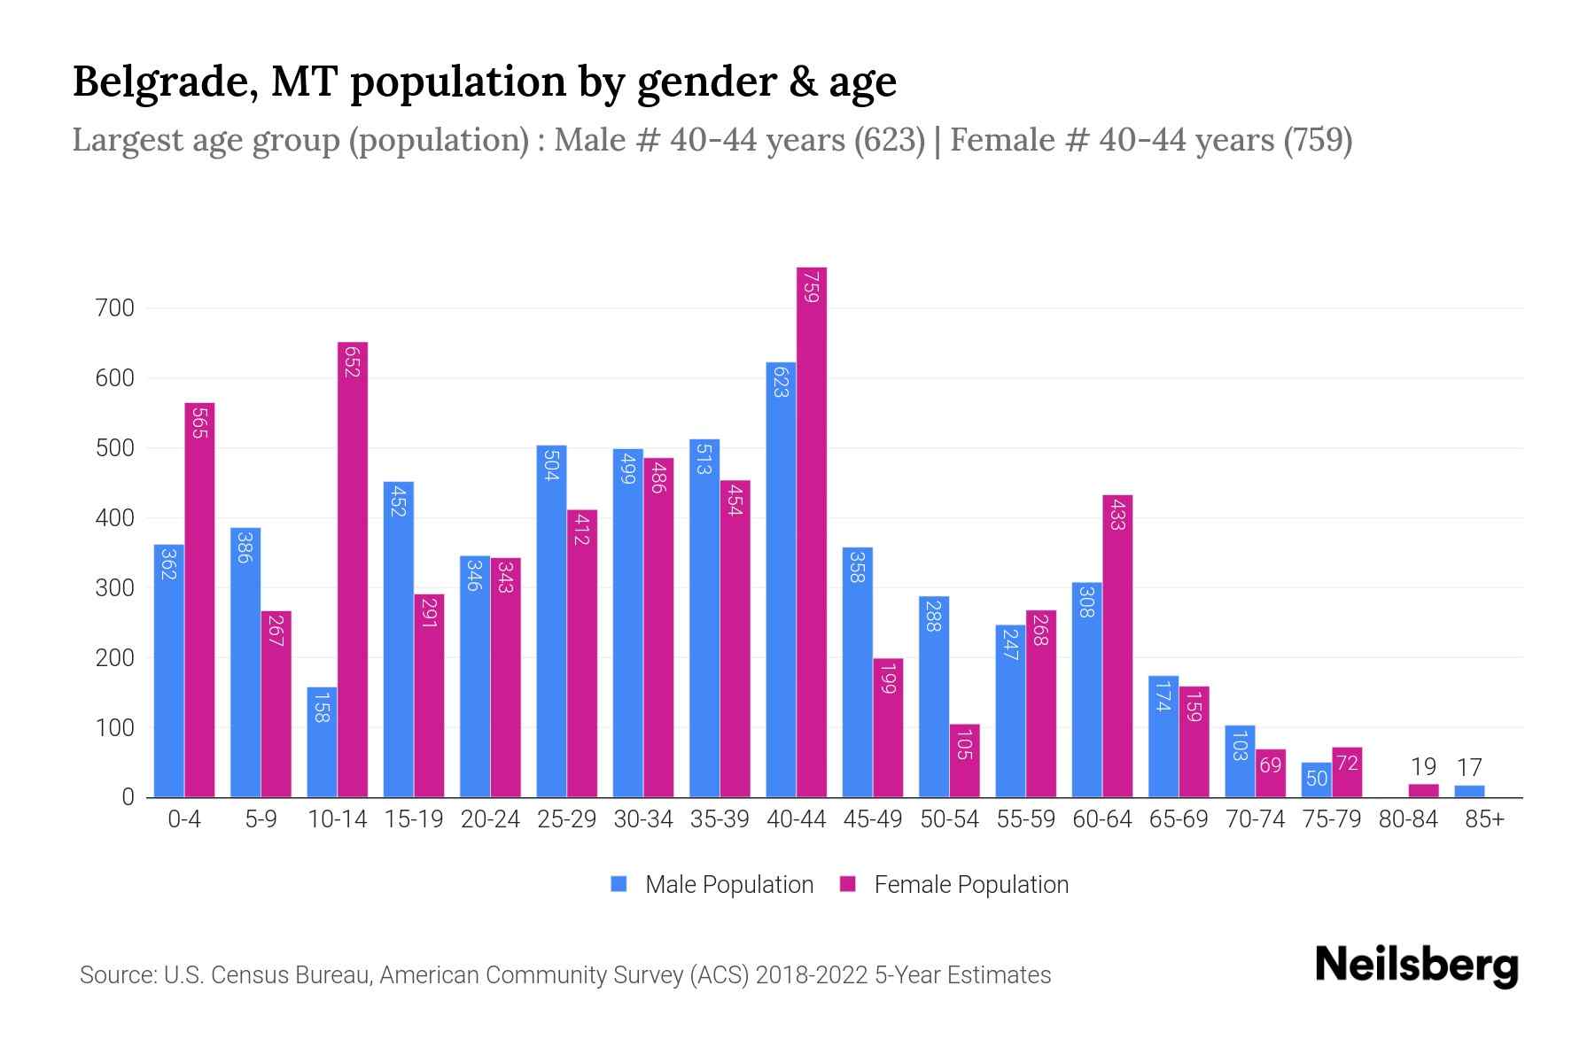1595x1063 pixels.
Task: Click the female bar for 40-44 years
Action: coord(812,531)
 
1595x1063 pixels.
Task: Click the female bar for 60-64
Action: coord(1117,647)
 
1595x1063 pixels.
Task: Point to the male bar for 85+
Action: coord(1469,791)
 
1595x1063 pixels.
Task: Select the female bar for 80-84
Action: coord(1423,790)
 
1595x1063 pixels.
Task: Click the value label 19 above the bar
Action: coord(1423,767)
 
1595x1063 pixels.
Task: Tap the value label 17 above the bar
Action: coord(1469,767)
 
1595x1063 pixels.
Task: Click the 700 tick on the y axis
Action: coord(114,308)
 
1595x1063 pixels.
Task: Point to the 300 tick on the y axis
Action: coord(114,588)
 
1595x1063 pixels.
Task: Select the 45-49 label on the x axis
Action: coord(873,819)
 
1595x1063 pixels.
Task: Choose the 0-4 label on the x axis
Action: coord(184,819)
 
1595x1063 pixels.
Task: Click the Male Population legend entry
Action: coord(712,884)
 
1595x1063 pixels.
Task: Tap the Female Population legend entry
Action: coord(954,884)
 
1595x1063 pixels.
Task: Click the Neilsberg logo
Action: coord(1416,966)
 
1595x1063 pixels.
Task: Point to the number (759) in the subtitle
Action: coord(1319,140)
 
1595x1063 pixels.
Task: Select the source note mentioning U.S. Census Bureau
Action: coord(564,975)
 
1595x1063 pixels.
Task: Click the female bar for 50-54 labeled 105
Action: coord(964,760)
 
